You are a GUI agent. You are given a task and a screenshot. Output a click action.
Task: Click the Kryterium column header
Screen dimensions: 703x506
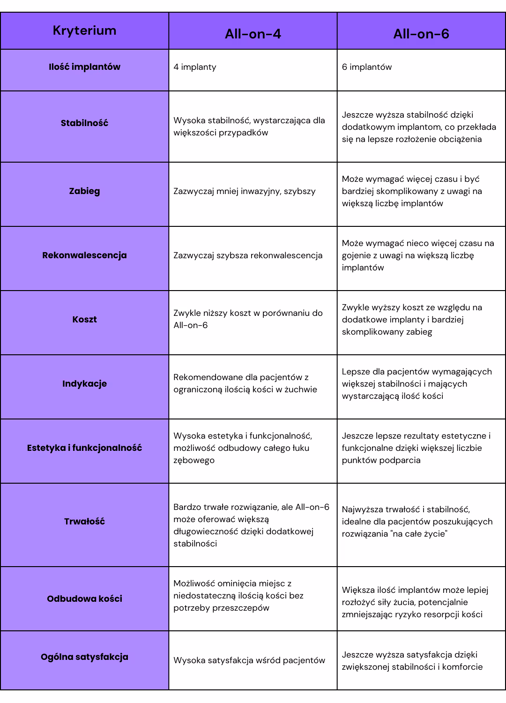coord(84,31)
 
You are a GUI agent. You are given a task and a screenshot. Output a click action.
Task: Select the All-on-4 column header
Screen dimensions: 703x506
coord(253,34)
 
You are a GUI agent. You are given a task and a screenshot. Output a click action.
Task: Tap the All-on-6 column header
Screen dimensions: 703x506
coord(421,34)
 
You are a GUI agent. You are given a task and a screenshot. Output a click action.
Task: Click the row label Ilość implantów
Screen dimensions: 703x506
coord(84,67)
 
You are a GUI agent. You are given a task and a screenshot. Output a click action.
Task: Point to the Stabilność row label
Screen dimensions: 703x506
coord(84,123)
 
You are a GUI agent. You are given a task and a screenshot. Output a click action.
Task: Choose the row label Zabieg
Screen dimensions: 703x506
coord(84,191)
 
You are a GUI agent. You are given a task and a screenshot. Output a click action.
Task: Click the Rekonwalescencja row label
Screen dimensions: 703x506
coord(84,255)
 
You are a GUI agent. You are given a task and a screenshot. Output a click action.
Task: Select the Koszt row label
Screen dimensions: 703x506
coord(84,320)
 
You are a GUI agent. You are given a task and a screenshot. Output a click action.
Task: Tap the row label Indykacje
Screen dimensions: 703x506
coord(84,384)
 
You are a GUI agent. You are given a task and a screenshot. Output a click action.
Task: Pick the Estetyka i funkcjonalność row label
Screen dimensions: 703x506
coord(84,448)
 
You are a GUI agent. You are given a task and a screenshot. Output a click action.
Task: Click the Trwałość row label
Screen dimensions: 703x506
coord(84,522)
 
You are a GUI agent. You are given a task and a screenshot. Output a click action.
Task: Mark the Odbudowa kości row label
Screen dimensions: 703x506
coord(84,599)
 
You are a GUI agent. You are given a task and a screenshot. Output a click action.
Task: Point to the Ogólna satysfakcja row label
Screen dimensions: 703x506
coord(84,657)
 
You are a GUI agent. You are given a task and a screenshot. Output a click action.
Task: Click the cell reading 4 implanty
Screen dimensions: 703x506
coord(195,67)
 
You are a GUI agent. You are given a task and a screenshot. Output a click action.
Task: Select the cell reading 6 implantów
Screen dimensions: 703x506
coord(367,67)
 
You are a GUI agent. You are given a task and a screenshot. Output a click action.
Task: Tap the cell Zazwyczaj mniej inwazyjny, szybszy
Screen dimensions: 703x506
coord(245,191)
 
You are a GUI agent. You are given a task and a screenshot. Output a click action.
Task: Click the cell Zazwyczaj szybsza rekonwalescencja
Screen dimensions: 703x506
coord(248,255)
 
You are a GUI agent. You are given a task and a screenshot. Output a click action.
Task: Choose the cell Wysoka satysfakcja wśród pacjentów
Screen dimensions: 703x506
coord(249,660)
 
